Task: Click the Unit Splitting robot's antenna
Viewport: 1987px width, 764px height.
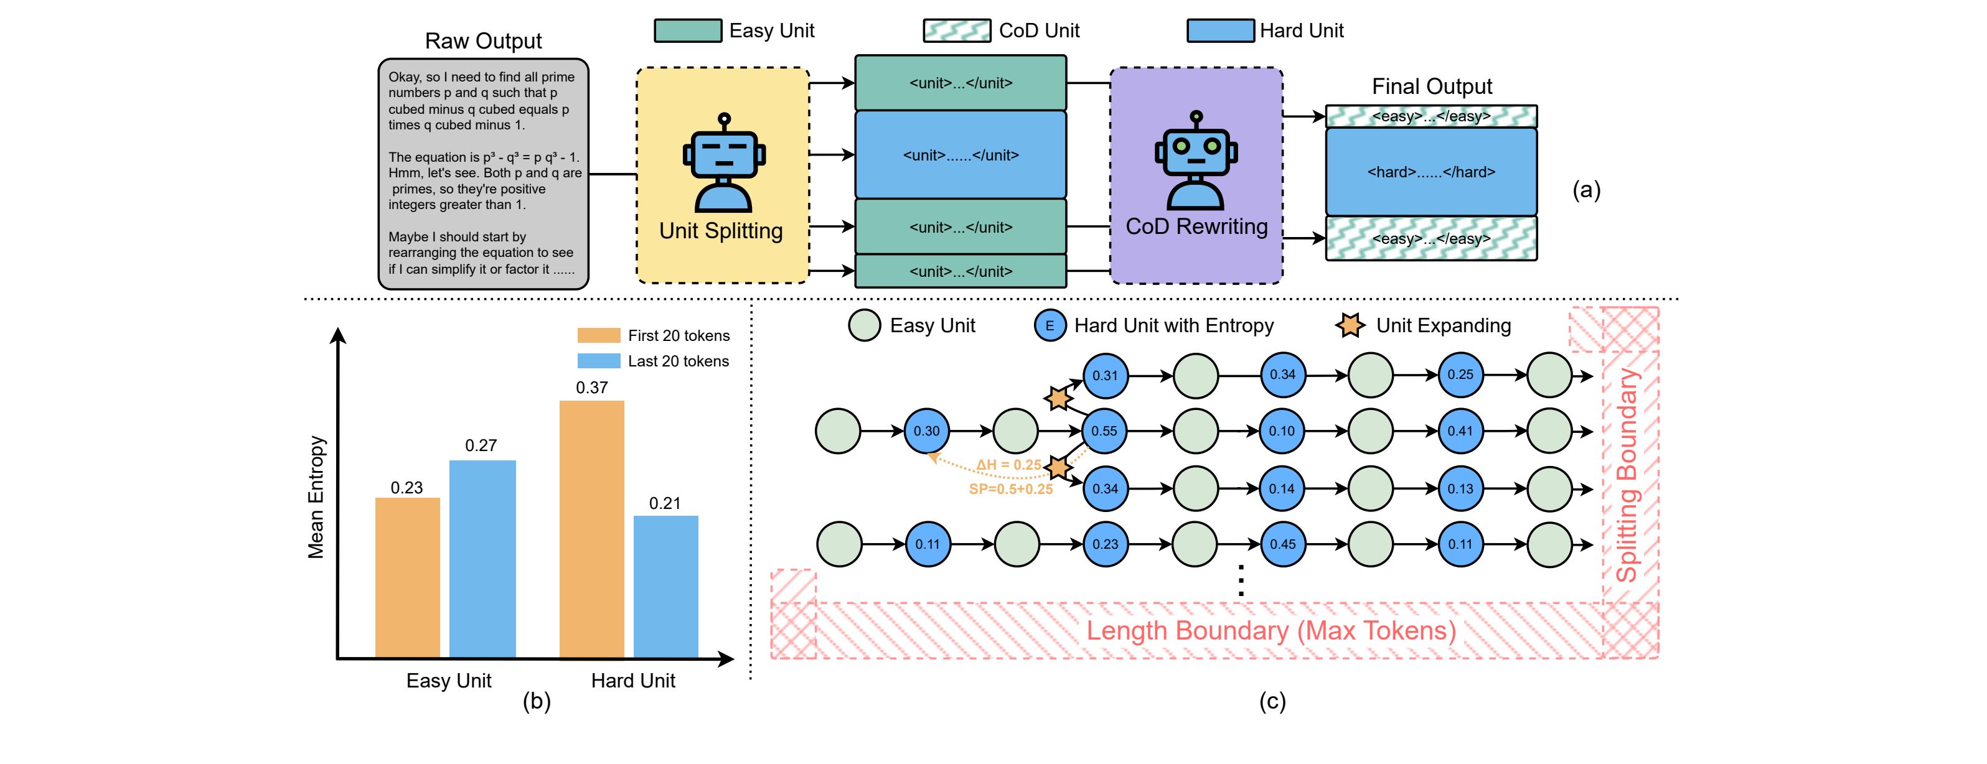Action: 723,120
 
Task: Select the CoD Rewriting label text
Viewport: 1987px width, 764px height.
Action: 1196,226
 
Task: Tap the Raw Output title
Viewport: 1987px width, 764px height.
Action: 484,41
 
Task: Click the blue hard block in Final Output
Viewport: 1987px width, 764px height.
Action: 1431,172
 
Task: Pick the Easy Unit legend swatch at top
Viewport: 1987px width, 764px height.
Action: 688,31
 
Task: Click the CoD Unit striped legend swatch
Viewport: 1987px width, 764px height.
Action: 957,31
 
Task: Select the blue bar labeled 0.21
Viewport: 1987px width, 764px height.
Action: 665,586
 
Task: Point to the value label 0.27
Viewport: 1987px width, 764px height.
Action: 481,445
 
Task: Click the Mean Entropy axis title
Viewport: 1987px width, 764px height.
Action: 316,496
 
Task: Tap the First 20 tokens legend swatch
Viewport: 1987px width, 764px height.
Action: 599,335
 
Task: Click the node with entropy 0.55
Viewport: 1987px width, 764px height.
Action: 1104,431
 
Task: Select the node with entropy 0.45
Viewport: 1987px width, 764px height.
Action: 1283,544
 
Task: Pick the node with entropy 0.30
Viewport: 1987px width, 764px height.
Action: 926,431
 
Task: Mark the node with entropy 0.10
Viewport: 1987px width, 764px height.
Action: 1282,431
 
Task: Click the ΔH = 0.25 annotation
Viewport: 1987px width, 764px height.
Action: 1008,465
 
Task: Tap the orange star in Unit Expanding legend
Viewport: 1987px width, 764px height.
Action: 1350,325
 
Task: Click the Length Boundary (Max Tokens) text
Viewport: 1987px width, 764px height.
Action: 1271,631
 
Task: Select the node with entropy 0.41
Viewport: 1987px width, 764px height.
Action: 1460,431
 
